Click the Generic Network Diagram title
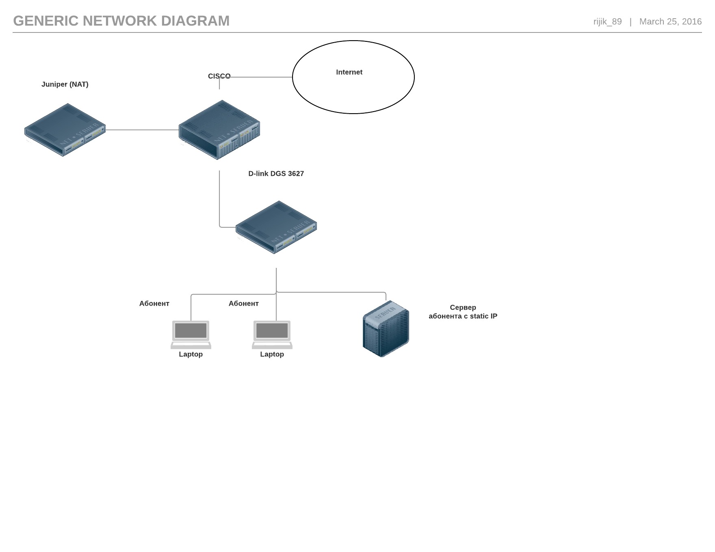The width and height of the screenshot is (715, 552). point(121,21)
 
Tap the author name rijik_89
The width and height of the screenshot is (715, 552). point(607,22)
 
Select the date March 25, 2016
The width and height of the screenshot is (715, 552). point(670,22)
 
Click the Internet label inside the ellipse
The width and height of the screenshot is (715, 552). point(349,72)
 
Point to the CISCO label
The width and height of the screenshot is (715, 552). point(219,76)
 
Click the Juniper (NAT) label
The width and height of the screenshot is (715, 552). point(65,84)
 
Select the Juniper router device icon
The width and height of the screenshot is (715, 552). point(65,130)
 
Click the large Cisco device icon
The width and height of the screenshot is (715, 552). point(219,130)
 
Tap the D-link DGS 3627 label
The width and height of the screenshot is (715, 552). point(276,174)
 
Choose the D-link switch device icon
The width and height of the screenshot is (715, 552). point(276,227)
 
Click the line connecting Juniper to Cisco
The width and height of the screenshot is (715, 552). point(142,130)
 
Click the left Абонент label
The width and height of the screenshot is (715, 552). point(154,304)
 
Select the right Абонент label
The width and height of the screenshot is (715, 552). point(243,304)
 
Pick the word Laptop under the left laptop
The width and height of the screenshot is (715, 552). point(191,354)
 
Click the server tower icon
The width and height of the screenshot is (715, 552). point(386,329)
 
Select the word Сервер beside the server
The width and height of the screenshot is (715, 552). point(463,308)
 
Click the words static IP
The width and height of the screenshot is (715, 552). point(483,316)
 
